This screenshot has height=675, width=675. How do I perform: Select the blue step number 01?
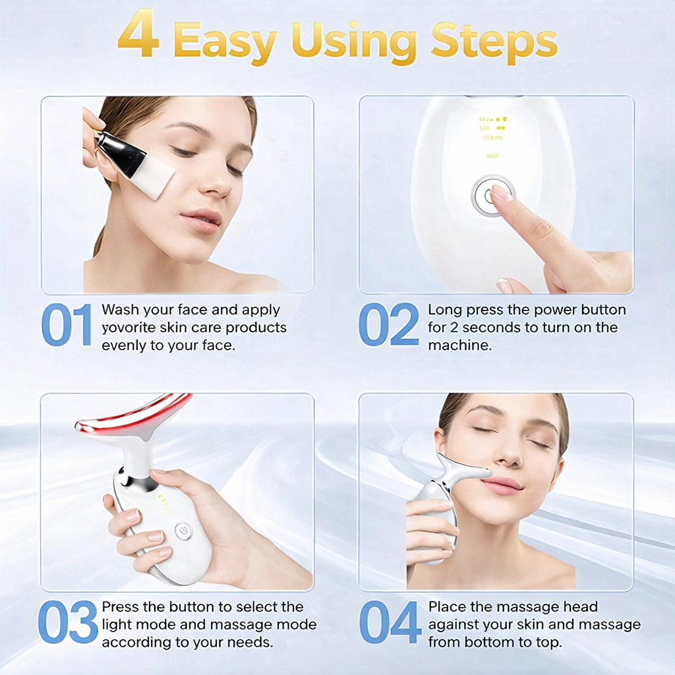pos(67,325)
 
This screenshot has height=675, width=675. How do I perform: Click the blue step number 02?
pos(388,325)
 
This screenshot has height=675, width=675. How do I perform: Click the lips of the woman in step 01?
pos(201,220)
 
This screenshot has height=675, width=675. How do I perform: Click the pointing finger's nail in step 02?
pos(501,192)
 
